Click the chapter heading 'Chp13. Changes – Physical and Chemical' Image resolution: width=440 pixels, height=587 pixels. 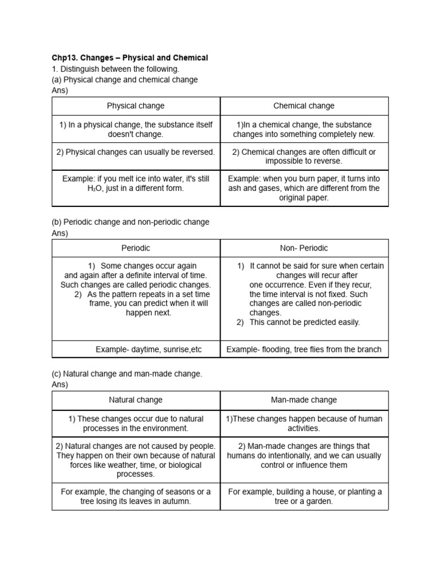coord(130,58)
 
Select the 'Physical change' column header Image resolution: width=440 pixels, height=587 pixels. coord(136,105)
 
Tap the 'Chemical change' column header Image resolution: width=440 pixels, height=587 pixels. coord(304,105)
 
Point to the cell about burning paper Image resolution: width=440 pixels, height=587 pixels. coord(304,188)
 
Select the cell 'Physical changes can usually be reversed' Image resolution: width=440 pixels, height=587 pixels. coord(136,152)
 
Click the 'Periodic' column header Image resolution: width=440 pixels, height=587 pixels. coord(136,248)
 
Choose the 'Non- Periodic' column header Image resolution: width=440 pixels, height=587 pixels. coord(304,248)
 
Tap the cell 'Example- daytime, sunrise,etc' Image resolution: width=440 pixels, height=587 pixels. coord(148,349)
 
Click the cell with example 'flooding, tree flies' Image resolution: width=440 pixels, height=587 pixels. coord(304,349)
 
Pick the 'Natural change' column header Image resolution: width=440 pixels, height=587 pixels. coord(136,400)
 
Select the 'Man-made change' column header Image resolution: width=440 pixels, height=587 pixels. coord(304,400)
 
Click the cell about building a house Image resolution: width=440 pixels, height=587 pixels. coord(304,496)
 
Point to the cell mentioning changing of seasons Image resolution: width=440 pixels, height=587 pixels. coord(136,496)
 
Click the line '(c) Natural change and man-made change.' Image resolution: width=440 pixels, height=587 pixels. coord(127,374)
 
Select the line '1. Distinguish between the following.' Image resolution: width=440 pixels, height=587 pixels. coord(115,69)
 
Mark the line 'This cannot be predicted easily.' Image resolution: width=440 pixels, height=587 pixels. coord(304,322)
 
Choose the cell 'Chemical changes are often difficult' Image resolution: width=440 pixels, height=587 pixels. coord(304,156)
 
